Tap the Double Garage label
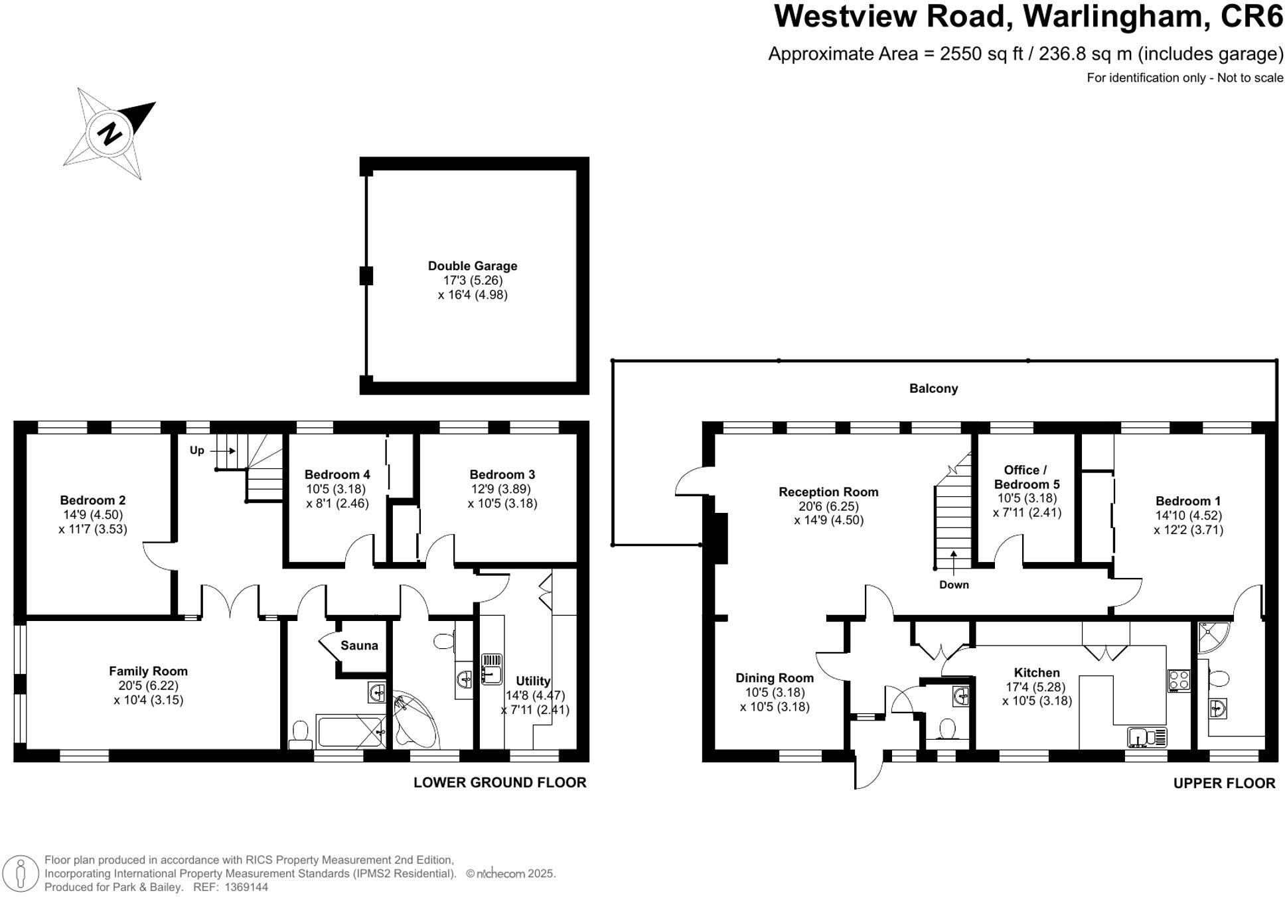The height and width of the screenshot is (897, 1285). click(x=472, y=266)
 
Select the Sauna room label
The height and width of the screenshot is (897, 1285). click(x=359, y=646)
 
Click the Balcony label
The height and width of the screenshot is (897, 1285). click(x=933, y=389)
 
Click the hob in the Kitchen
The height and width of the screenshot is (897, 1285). click(x=1179, y=681)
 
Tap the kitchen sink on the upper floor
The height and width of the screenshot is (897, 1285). click(x=1147, y=737)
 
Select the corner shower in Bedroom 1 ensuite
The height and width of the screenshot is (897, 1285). click(x=1212, y=637)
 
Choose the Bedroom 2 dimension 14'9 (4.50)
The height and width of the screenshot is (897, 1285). click(x=92, y=515)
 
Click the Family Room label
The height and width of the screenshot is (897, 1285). click(x=148, y=671)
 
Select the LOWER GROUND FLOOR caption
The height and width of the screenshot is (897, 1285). click(x=499, y=783)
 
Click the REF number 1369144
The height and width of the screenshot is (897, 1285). click(x=246, y=887)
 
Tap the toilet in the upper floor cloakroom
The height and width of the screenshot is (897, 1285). click(x=946, y=729)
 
